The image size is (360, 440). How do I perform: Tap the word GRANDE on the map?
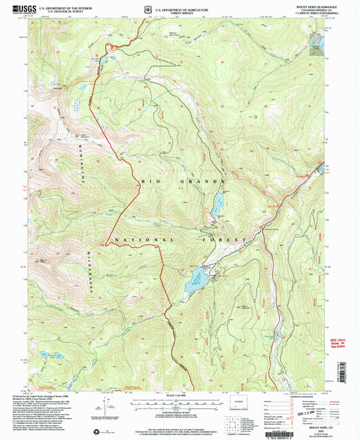coord(201,182)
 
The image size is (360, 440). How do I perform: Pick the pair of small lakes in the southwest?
coord(51,353)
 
